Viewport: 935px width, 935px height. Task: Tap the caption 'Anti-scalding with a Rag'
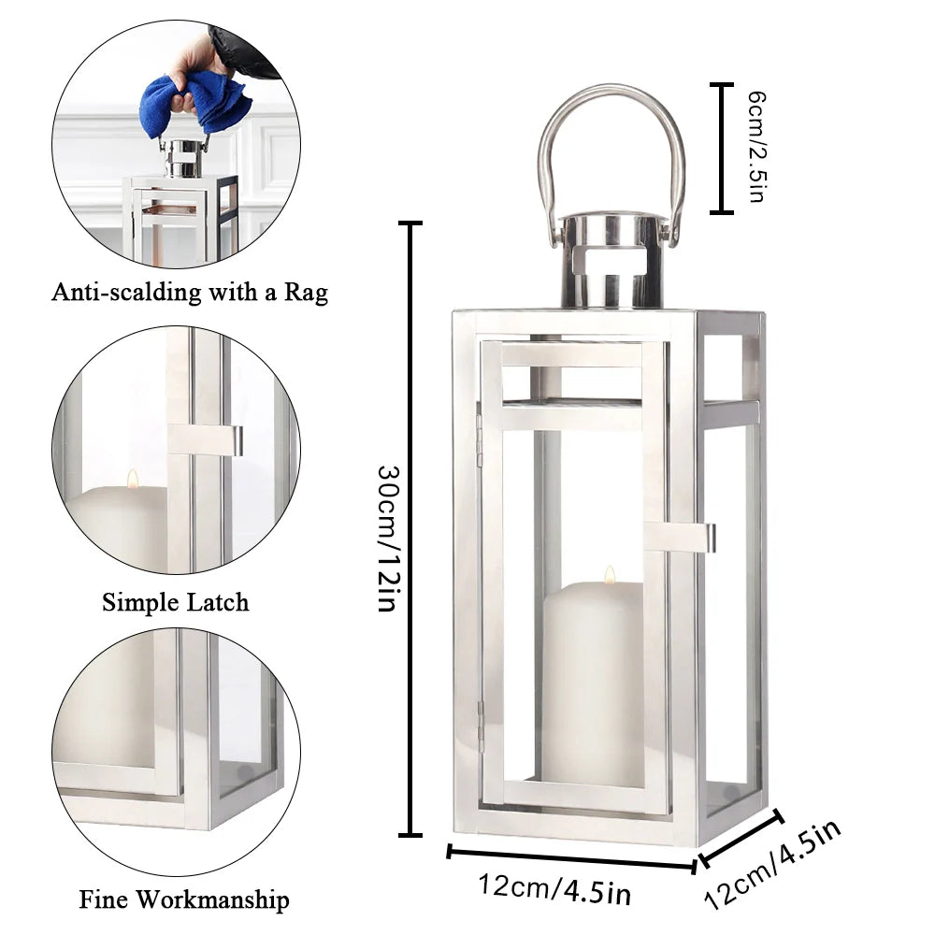(x=190, y=293)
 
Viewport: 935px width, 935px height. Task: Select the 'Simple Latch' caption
(x=176, y=602)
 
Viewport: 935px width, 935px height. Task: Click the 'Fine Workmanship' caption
(x=184, y=900)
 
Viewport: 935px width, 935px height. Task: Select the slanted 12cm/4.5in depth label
(x=773, y=865)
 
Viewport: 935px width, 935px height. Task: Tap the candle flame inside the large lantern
(x=610, y=573)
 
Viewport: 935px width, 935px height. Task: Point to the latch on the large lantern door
(x=681, y=536)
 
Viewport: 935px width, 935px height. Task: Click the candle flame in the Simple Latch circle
(x=133, y=479)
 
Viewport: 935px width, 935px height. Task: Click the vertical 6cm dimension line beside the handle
(x=721, y=148)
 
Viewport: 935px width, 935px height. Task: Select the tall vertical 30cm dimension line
(x=410, y=528)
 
